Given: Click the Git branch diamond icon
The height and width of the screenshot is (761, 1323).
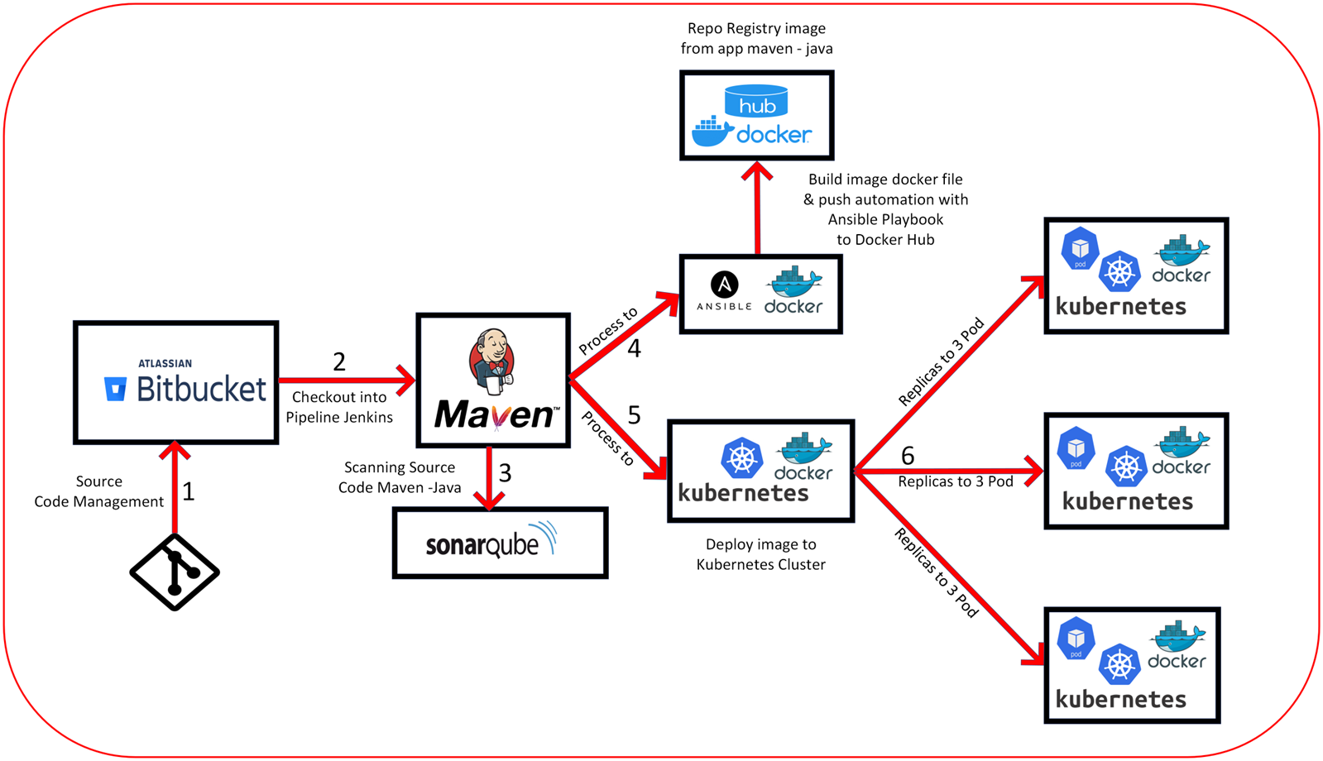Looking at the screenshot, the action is click(175, 572).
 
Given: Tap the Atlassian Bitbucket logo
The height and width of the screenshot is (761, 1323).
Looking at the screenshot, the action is click(185, 381).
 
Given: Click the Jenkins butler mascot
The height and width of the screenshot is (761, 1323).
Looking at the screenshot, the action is click(492, 361).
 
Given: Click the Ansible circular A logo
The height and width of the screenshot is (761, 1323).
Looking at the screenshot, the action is click(725, 285).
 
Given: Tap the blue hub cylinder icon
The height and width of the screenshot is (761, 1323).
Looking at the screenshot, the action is click(756, 101).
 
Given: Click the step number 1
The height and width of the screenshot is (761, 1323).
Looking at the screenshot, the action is click(189, 491).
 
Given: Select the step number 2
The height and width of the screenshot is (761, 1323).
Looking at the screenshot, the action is click(339, 362).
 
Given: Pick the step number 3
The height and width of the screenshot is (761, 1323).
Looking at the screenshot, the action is click(505, 473).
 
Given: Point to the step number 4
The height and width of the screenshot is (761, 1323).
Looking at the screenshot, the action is click(634, 349).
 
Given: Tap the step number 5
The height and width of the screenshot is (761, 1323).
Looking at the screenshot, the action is click(635, 415).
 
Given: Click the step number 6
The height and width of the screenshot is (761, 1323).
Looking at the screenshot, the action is click(908, 456).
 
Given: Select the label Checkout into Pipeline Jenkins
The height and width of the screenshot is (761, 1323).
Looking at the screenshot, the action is click(339, 407).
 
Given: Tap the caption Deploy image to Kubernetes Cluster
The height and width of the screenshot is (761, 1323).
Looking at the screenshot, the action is click(760, 554).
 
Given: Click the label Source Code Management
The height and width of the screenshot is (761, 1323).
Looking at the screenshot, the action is click(98, 491).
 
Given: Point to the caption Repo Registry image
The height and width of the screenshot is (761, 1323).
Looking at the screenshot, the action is click(756, 28).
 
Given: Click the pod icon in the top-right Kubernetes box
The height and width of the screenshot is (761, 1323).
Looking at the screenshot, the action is click(1080, 248).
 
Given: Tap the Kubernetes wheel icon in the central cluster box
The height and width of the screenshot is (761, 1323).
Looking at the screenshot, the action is click(742, 457).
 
